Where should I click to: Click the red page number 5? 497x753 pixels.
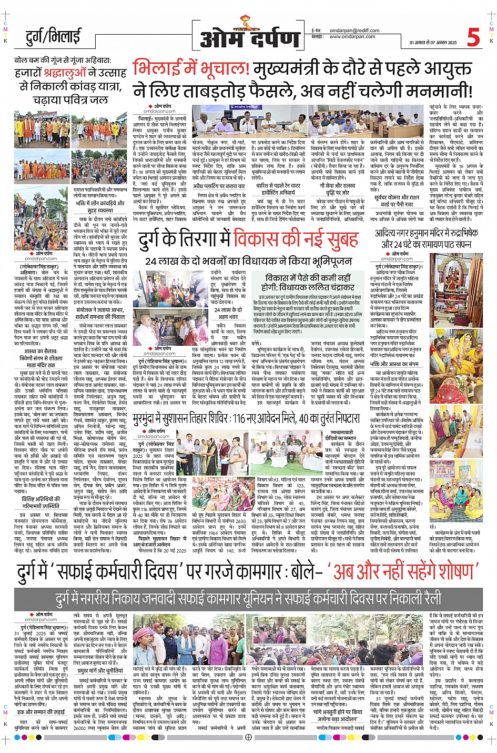473,37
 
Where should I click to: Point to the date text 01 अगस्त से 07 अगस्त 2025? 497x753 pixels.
433,43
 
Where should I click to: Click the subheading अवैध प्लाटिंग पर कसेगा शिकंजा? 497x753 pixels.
219,186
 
